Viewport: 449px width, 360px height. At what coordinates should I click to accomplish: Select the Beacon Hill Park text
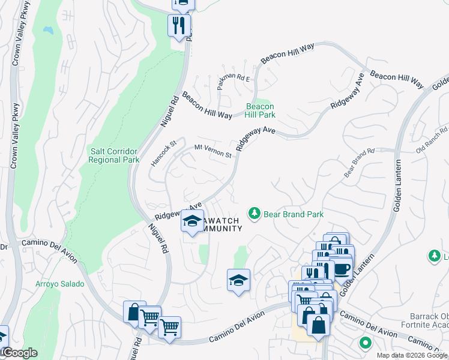click(260, 110)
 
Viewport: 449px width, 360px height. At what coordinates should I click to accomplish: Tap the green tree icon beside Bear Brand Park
click(255, 214)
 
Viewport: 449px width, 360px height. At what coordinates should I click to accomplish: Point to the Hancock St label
click(163, 152)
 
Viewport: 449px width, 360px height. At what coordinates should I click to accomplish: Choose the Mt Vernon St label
click(212, 151)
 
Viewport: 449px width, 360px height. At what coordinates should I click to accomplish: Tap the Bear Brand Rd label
click(359, 163)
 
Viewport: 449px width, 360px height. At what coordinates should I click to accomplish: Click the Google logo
click(19, 353)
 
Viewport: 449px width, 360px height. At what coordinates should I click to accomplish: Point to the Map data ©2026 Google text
click(412, 355)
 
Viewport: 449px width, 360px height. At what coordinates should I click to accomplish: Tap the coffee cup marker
click(342, 268)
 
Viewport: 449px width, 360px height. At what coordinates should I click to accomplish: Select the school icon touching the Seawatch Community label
click(192, 222)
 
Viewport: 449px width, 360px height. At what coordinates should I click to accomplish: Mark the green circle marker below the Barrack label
click(364, 344)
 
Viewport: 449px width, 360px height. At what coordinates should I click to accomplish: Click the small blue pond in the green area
click(47, 29)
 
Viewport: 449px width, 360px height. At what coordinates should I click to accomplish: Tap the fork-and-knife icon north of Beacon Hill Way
click(179, 25)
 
